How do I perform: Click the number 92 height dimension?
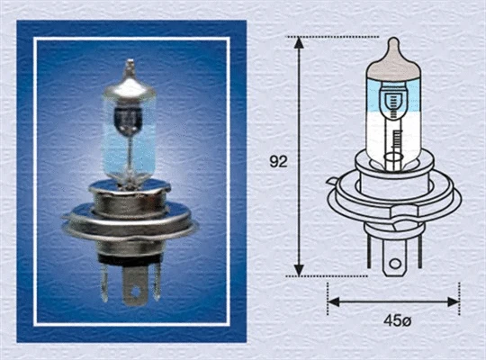pos(278,162)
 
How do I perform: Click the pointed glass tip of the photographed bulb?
pos(130,64)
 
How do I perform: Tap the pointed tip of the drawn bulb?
pos(392,41)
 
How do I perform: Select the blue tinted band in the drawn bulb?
pos(392,95)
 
